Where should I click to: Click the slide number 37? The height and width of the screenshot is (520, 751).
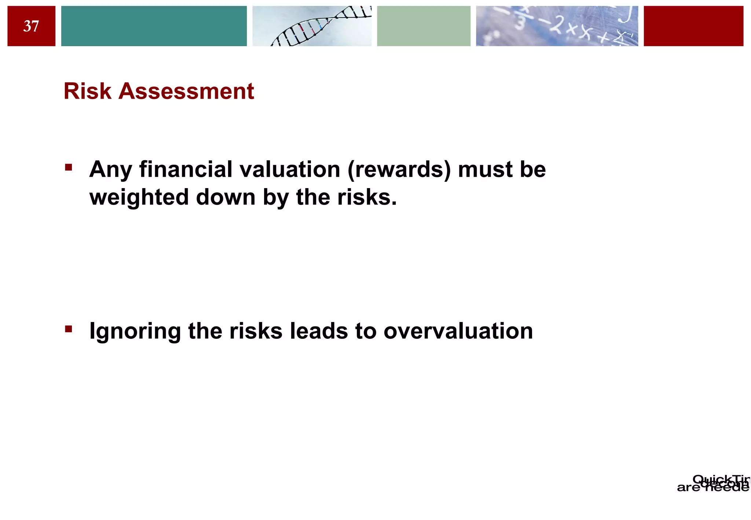tap(31, 26)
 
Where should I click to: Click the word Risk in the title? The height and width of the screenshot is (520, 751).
tap(87, 91)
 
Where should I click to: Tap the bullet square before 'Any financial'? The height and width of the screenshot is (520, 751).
tap(69, 168)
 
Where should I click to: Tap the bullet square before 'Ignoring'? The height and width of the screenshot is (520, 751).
tap(69, 329)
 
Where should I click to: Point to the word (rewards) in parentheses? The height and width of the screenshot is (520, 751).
tap(399, 170)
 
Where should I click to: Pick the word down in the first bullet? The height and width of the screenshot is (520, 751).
tap(226, 197)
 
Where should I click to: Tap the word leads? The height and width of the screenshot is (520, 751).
tap(319, 331)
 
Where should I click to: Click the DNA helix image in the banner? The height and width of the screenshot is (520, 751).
tap(312, 26)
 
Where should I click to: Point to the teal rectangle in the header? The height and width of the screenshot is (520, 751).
tap(154, 26)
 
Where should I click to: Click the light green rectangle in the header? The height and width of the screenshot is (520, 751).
tap(424, 26)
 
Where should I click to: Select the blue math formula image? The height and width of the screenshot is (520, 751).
tap(557, 26)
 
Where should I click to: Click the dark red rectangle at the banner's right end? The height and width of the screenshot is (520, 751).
tap(693, 26)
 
